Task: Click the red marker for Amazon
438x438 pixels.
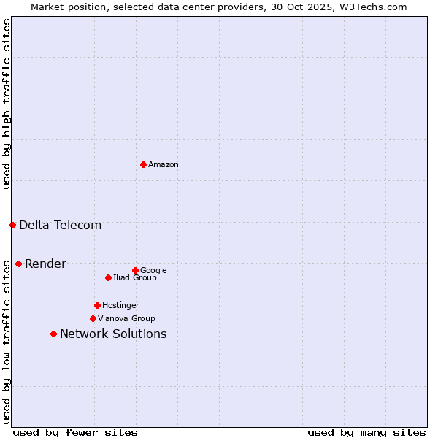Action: coord(143,164)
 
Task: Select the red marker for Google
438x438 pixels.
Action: coord(135,270)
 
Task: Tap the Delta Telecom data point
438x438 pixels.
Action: coord(12,225)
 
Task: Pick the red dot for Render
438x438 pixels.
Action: coord(18,264)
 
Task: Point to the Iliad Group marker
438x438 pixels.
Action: coord(108,277)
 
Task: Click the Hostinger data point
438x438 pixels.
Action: coord(97,305)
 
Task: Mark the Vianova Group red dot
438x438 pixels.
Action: coord(93,318)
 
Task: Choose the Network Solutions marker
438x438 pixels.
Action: coord(53,334)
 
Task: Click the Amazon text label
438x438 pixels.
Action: coord(164,165)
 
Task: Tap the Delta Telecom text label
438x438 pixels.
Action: coord(61,225)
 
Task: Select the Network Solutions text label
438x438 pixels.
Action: coord(113,334)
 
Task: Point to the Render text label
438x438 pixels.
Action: coord(45,264)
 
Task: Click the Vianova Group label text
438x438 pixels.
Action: coord(126,318)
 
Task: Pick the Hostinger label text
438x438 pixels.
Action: coord(120,305)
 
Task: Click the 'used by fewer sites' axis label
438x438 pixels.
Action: coord(75,432)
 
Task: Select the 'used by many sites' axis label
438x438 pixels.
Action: coord(366,432)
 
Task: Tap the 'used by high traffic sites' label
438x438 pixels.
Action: coord(7,104)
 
